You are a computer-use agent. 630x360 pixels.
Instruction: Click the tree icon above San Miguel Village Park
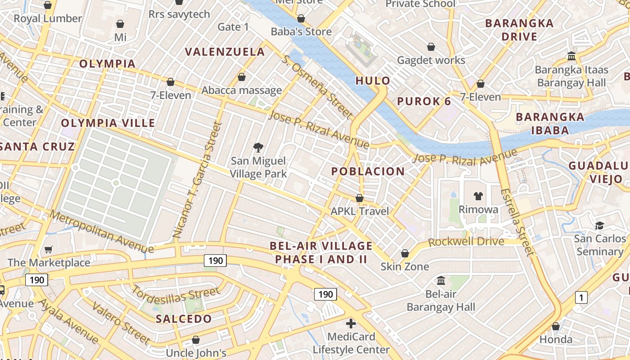point(258,147)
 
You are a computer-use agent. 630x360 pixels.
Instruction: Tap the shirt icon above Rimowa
point(478,196)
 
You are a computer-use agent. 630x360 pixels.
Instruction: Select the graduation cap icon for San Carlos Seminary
point(599,225)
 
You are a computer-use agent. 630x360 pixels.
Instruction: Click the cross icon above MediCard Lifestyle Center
point(351,323)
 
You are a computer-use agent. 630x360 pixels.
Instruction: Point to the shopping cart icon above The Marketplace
point(49,249)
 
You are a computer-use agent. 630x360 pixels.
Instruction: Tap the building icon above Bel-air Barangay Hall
point(441,280)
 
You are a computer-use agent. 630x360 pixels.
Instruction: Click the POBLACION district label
point(368,171)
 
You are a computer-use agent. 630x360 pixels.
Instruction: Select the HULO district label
point(373,81)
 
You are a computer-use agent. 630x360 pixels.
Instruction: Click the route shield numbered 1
point(581,297)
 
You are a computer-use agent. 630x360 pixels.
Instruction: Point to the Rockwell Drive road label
point(466,242)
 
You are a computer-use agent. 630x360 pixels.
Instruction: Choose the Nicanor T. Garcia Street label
point(198,180)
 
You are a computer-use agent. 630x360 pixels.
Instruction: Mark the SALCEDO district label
point(184,319)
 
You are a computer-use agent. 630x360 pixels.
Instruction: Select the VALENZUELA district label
point(225,52)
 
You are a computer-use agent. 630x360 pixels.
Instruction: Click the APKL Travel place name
point(360,211)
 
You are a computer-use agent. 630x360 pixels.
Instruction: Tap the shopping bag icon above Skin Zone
point(405,253)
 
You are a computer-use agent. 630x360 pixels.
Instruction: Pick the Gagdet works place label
point(431,60)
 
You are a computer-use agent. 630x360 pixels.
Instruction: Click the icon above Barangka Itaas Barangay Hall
point(572,56)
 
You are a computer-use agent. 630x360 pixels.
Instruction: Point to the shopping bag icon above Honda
point(556,326)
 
